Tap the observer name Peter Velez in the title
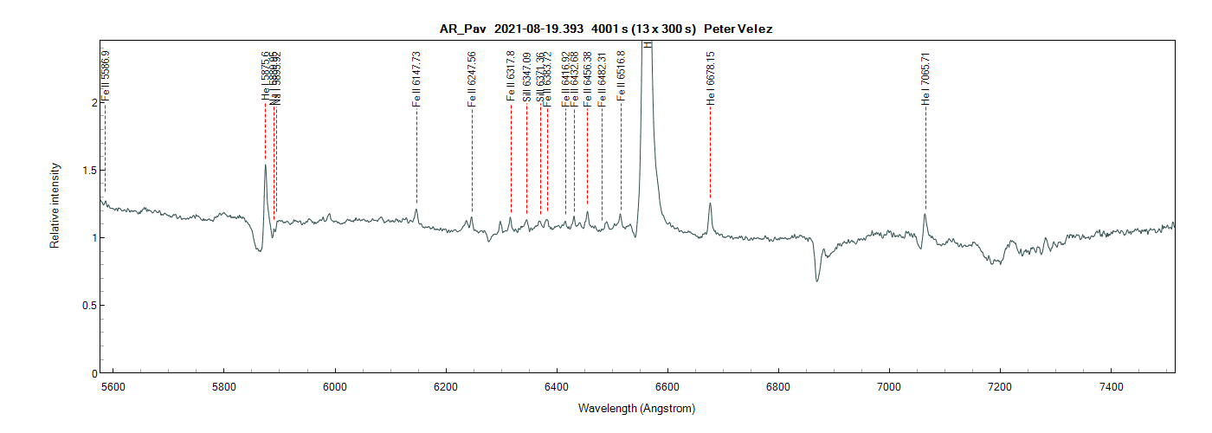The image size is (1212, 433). click(x=738, y=29)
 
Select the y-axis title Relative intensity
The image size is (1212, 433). click(x=55, y=205)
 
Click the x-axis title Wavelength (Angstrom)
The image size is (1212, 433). click(x=636, y=408)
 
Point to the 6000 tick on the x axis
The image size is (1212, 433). click(x=335, y=385)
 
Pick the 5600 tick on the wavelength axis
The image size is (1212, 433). click(x=113, y=385)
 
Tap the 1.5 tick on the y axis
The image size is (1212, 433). click(x=87, y=170)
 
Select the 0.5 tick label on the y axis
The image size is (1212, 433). click(x=87, y=305)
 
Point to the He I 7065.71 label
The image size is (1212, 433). click(x=925, y=79)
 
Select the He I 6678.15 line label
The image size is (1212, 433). click(x=711, y=79)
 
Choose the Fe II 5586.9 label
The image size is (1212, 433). click(x=106, y=76)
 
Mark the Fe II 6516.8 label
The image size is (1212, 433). click(x=621, y=76)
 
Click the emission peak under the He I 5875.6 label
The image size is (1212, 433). click(x=265, y=165)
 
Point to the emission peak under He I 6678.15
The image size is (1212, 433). click(x=710, y=204)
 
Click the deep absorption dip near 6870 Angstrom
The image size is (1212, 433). click(x=816, y=280)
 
